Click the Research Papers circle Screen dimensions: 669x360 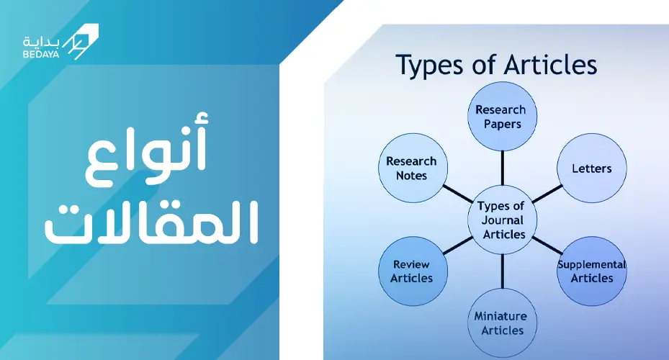point(502,117)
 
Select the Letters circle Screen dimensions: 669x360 point(592,168)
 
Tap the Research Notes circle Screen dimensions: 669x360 point(413,168)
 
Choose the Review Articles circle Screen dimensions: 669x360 point(413,271)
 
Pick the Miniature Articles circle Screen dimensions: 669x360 point(502,323)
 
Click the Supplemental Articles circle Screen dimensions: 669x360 point(592,271)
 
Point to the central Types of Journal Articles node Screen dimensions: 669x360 point(502,220)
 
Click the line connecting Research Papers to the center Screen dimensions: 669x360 point(502,168)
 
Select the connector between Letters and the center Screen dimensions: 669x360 point(547,194)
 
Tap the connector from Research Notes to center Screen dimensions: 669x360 point(458,194)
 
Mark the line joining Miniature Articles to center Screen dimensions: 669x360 point(502,271)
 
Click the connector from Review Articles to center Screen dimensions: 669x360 point(458,246)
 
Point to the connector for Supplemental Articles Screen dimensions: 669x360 point(547,246)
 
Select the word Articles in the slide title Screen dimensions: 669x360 point(550,65)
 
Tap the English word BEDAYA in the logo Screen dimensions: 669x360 point(41,55)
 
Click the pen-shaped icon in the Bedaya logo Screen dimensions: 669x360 point(81,41)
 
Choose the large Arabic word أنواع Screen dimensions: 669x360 point(146,149)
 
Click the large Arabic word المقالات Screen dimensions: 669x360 point(151,222)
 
